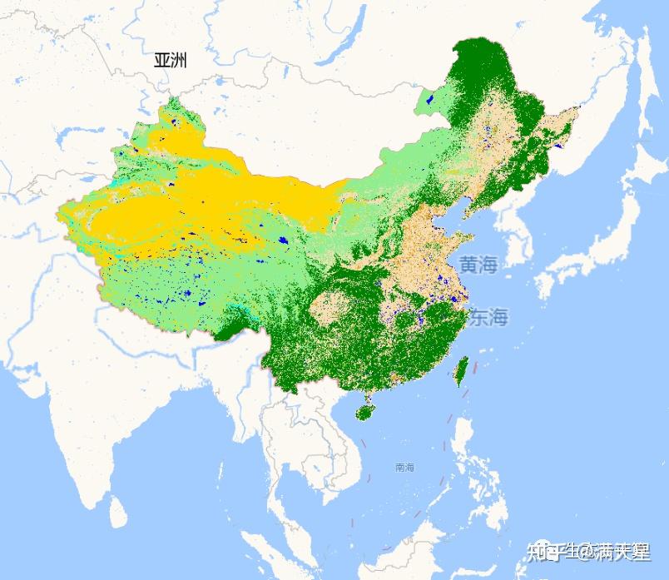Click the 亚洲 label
(171, 60)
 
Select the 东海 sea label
(488, 317)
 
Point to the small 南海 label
(405, 468)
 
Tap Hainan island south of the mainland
(364, 409)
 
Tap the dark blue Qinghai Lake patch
(283, 240)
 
